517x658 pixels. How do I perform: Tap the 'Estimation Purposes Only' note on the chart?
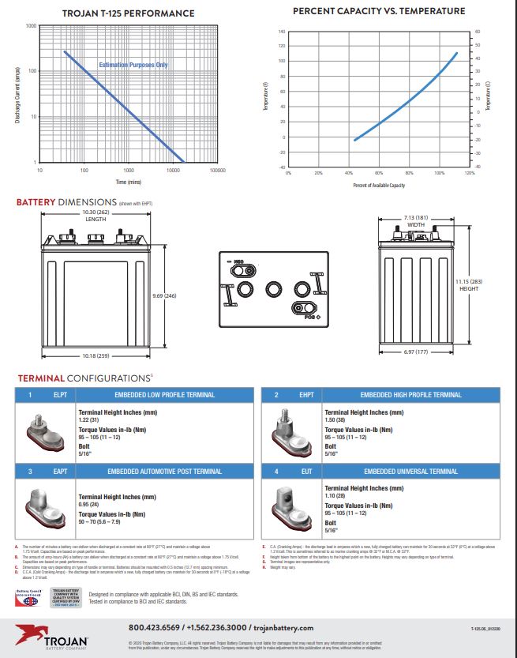tap(133, 64)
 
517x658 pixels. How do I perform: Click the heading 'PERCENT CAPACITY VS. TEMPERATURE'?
tap(379, 11)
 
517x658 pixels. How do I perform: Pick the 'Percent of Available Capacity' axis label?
tap(379, 185)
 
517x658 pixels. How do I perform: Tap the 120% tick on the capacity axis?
tap(470, 172)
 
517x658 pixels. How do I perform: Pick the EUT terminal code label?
tap(306, 472)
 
